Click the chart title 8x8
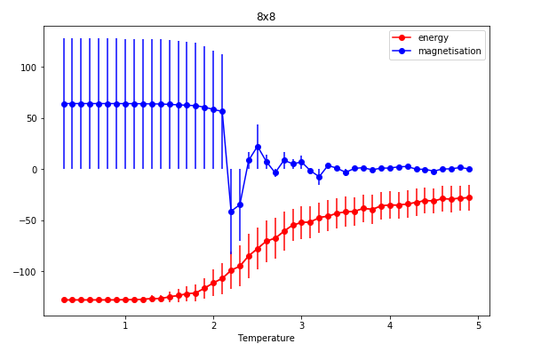pyautogui.click(x=266, y=17)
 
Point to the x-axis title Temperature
pyautogui.click(x=266, y=339)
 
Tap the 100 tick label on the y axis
pyautogui.click(x=28, y=68)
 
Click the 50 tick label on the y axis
pyautogui.click(x=30, y=118)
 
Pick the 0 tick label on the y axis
pyautogui.click(x=34, y=170)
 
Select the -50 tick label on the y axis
pyautogui.click(x=28, y=220)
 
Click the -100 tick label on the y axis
pyautogui.click(x=25, y=272)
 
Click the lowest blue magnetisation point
pyautogui.click(x=231, y=212)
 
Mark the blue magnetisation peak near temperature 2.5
pyautogui.click(x=258, y=147)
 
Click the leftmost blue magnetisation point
pyautogui.click(x=64, y=104)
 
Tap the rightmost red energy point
pyautogui.click(x=469, y=197)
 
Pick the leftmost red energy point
pyautogui.click(x=64, y=300)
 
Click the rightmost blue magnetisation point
pyautogui.click(x=469, y=169)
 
